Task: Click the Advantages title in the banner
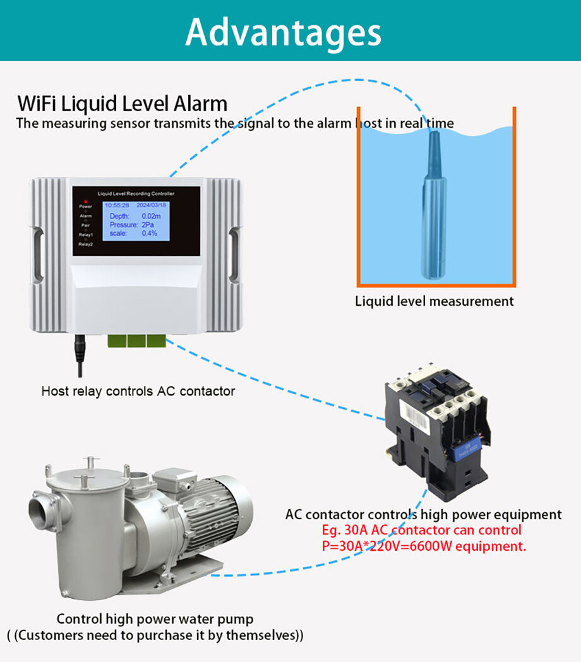tap(284, 31)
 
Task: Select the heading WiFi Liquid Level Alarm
tap(122, 103)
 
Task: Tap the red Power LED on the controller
tap(85, 201)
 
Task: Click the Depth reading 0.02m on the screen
tap(152, 216)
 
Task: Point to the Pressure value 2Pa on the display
tap(148, 225)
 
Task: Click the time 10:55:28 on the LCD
tap(117, 205)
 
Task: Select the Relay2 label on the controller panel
tap(85, 244)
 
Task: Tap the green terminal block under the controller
tap(136, 340)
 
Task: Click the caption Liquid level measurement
tap(434, 301)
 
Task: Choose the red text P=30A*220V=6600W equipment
tap(423, 546)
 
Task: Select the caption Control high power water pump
tap(155, 618)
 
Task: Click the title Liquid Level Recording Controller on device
tap(135, 193)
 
